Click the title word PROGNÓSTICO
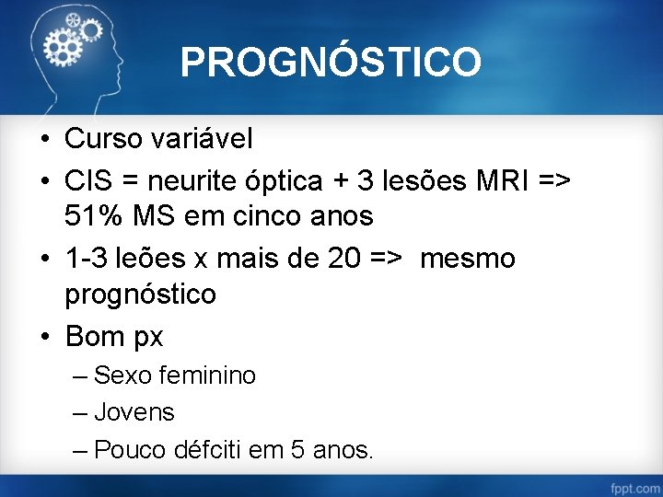click(331, 63)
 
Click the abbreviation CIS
click(89, 181)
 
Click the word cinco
click(277, 217)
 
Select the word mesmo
click(468, 259)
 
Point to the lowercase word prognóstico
click(141, 295)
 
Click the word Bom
click(95, 337)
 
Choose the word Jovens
click(134, 412)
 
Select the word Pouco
click(129, 450)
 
